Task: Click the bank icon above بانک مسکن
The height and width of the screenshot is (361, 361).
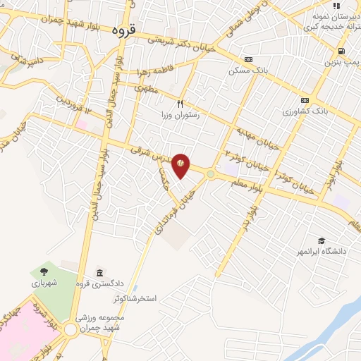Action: (247, 60)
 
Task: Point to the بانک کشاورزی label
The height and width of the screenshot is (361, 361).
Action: (305, 111)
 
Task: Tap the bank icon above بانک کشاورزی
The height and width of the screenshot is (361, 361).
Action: (305, 99)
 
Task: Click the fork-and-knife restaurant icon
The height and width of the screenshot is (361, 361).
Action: (180, 104)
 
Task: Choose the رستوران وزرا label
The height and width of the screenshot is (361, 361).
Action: (180, 115)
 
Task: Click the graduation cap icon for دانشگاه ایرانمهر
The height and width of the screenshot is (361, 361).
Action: (322, 241)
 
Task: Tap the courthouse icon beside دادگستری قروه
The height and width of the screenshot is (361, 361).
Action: (99, 273)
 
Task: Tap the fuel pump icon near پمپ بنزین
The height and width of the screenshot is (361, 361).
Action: (341, 51)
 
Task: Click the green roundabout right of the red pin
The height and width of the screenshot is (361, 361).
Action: (211, 173)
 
